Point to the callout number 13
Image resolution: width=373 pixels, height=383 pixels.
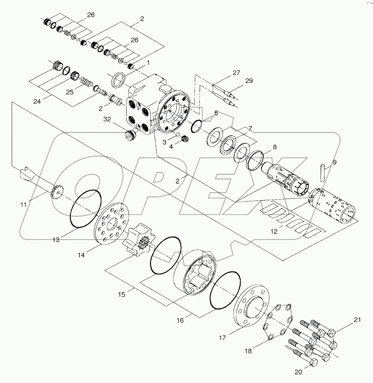(x=56, y=240)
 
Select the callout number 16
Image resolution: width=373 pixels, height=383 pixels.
(x=180, y=320)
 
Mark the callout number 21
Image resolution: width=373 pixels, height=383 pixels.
(x=357, y=320)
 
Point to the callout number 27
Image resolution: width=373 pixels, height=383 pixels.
(x=236, y=73)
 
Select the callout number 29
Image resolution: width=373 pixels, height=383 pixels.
(x=249, y=81)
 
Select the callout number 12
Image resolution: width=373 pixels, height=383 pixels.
(x=275, y=231)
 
